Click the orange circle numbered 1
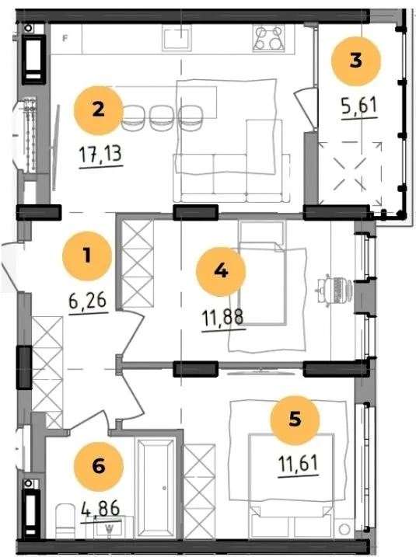tap(87, 256)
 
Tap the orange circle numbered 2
tap(99, 110)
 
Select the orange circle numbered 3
tap(356, 61)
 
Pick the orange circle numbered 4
tap(221, 271)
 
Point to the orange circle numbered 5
tap(295, 419)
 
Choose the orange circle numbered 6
tap(99, 466)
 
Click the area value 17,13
tap(100, 154)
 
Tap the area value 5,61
tap(358, 106)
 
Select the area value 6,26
tap(88, 301)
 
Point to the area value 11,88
tap(223, 317)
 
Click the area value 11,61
tap(299, 463)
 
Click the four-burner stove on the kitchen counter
tap(269, 38)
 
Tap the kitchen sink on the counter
tap(177, 37)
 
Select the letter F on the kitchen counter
tap(65, 38)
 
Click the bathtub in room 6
tap(156, 486)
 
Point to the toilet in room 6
tap(65, 520)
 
